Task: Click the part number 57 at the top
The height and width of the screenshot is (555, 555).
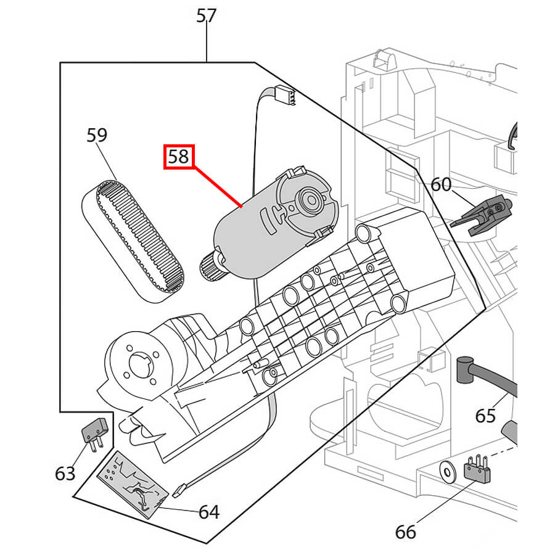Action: (207, 15)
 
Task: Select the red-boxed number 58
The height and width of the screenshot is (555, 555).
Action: (179, 157)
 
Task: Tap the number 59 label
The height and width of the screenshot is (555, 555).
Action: (97, 135)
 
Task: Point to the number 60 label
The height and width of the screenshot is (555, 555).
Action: (441, 184)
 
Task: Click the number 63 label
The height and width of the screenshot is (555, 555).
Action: (65, 474)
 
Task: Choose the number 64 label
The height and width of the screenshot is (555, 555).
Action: (209, 512)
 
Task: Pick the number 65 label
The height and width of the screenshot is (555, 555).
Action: (485, 416)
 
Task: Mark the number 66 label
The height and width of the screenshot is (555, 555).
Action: (406, 532)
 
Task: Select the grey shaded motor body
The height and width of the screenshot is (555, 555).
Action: (247, 234)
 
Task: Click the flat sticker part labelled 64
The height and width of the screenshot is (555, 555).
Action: (134, 483)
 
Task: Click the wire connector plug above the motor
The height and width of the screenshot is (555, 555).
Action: (287, 96)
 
